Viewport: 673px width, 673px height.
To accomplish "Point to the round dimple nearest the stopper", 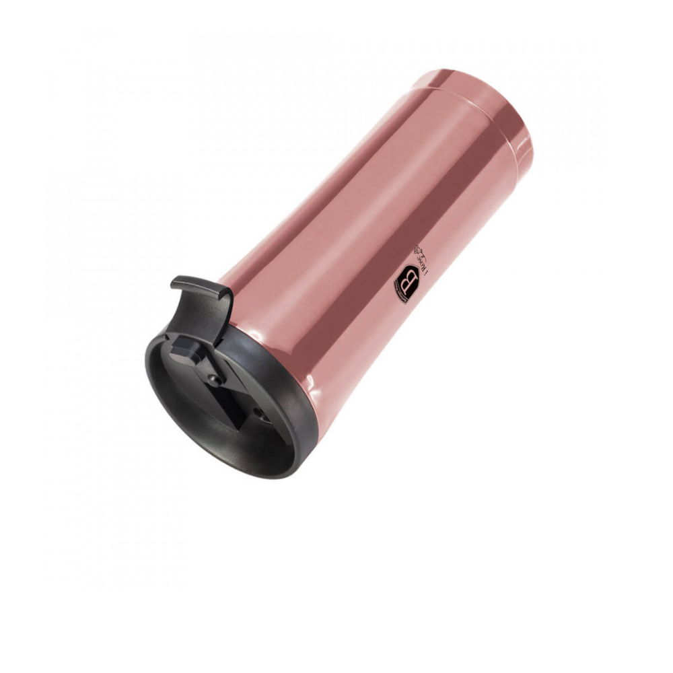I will [x=213, y=380].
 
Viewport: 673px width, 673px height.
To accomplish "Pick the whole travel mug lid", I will [x=222, y=390].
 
